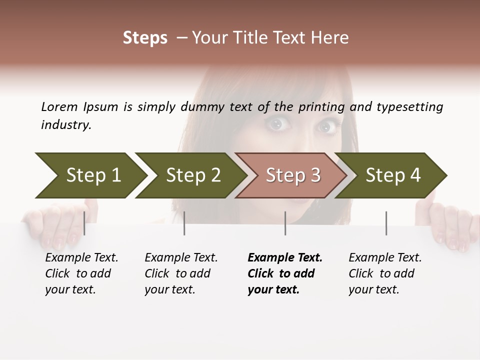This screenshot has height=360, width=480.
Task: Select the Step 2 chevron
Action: click(x=192, y=175)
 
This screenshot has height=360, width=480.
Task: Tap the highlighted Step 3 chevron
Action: click(x=293, y=175)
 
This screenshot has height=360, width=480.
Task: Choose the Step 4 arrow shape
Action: click(x=393, y=175)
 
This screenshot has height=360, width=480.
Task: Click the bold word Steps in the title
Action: click(x=145, y=38)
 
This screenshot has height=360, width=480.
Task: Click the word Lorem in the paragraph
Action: click(x=59, y=106)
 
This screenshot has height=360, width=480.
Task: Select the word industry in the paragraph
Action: click(x=65, y=125)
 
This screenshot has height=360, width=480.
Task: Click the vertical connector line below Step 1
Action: click(x=84, y=223)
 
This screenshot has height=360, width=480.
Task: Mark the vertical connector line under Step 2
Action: click(x=184, y=223)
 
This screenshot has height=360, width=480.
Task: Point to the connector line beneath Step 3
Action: click(x=285, y=223)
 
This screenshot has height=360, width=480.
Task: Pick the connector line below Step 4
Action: click(x=386, y=223)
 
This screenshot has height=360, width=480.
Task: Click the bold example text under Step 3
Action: click(x=284, y=273)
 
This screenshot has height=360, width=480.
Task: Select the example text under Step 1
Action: click(x=81, y=273)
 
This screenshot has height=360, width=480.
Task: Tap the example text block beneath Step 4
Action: click(x=384, y=273)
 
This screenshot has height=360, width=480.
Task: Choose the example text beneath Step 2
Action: click(x=180, y=273)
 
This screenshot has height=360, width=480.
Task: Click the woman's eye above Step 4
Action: click(x=327, y=127)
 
